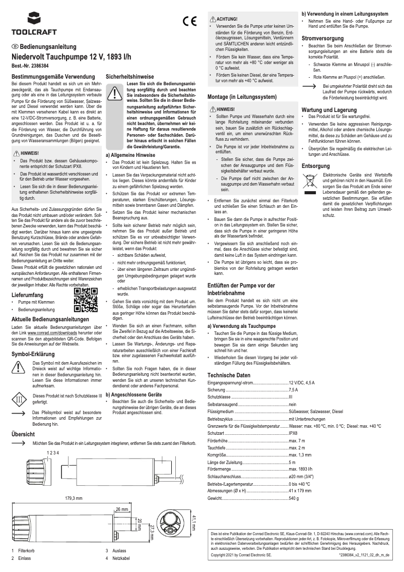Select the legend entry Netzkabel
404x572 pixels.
tap(121, 558)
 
